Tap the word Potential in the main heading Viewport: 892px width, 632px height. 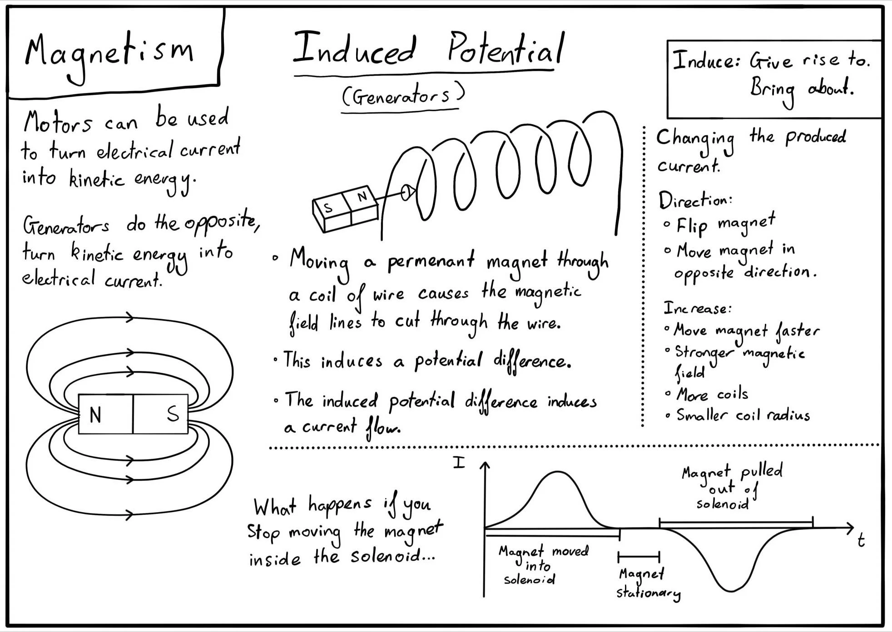tap(505, 49)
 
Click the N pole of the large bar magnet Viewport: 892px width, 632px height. tap(95, 415)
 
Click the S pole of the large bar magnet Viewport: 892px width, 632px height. tap(173, 414)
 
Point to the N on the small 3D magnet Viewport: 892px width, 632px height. tap(362, 197)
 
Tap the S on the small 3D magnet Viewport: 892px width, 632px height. tap(328, 208)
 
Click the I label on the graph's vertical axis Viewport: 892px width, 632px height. tap(459, 463)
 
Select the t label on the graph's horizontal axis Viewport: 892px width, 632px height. tap(861, 540)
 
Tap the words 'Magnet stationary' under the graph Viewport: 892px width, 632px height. tap(647, 583)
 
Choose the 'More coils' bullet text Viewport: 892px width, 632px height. tap(712, 394)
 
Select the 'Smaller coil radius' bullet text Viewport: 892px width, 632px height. tap(743, 415)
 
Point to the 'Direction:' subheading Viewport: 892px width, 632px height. tap(695, 200)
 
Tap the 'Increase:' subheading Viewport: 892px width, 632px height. tap(697, 308)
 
